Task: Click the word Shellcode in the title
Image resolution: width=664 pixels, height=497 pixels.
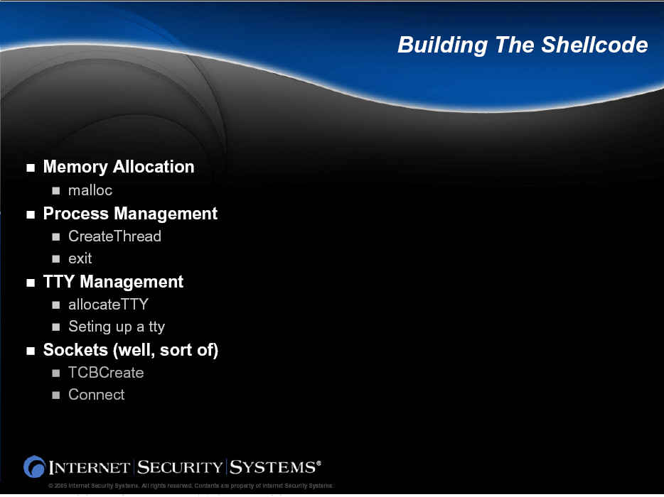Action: pyautogui.click(x=594, y=45)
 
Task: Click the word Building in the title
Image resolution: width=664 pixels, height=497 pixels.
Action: pyautogui.click(x=442, y=45)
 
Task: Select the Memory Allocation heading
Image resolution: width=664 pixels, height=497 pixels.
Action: pyautogui.click(x=119, y=167)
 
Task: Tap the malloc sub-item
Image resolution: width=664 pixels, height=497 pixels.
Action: pyautogui.click(x=90, y=190)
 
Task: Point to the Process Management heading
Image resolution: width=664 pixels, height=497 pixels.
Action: pyautogui.click(x=130, y=214)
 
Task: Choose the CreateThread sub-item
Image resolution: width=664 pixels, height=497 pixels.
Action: pyautogui.click(x=114, y=236)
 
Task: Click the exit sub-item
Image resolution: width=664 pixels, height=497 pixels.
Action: pyautogui.click(x=80, y=258)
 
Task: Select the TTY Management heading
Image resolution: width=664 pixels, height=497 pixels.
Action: pyautogui.click(x=113, y=282)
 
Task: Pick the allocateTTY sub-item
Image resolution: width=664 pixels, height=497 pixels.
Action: pyautogui.click(x=108, y=304)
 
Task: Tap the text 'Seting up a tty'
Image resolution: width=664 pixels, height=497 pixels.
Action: pyautogui.click(x=117, y=327)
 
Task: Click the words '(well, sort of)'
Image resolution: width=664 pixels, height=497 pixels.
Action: pyautogui.click(x=166, y=350)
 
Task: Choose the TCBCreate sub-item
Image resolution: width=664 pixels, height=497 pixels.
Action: pyautogui.click(x=106, y=373)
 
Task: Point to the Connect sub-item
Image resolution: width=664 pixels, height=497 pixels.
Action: pyautogui.click(x=97, y=395)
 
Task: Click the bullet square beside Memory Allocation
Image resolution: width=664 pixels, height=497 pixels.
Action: pyautogui.click(x=31, y=168)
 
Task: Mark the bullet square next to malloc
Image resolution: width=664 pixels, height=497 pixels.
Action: pyautogui.click(x=56, y=191)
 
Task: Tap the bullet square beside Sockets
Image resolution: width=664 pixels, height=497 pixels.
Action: pyautogui.click(x=31, y=351)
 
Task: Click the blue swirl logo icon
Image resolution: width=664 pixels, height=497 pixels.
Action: pyautogui.click(x=34, y=466)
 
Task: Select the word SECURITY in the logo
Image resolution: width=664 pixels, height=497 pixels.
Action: pyautogui.click(x=180, y=467)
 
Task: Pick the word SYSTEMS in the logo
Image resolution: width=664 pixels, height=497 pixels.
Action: pyautogui.click(x=273, y=467)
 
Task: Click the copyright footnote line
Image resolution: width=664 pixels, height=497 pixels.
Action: pyautogui.click(x=191, y=486)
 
